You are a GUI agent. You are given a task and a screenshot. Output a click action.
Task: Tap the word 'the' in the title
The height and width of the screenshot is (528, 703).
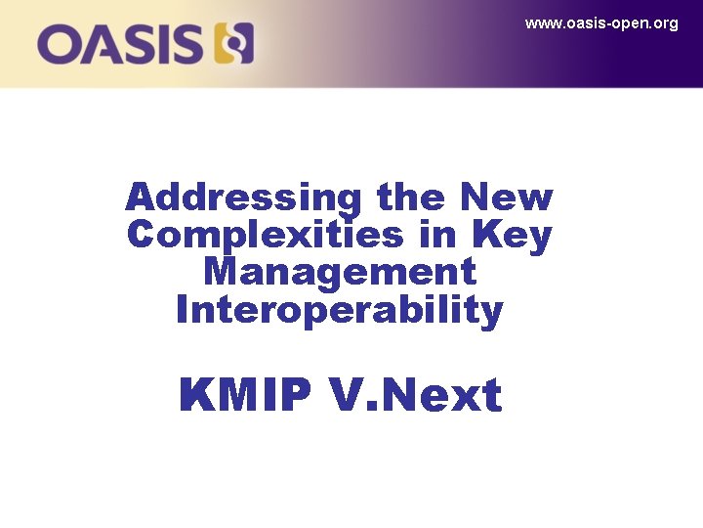(x=409, y=198)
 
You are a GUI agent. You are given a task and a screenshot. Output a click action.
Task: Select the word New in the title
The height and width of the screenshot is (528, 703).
(x=508, y=198)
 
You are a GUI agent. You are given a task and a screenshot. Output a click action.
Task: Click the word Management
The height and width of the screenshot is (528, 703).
(x=339, y=273)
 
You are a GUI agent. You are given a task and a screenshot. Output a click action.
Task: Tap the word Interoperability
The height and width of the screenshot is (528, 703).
(x=339, y=310)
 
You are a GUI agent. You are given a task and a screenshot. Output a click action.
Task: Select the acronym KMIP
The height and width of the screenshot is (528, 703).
(x=245, y=396)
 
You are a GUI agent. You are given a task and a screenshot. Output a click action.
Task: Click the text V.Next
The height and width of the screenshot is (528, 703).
(x=415, y=396)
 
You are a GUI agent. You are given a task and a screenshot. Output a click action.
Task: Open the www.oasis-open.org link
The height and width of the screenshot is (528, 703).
(x=601, y=23)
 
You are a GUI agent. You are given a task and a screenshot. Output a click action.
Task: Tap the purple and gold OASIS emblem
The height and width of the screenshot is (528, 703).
(x=234, y=44)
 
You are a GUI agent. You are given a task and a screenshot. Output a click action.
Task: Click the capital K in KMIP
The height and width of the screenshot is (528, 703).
(x=197, y=396)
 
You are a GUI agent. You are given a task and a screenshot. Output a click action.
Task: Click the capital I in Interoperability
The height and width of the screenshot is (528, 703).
(x=183, y=310)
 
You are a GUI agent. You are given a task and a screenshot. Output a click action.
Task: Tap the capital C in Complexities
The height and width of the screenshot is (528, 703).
(x=142, y=236)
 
